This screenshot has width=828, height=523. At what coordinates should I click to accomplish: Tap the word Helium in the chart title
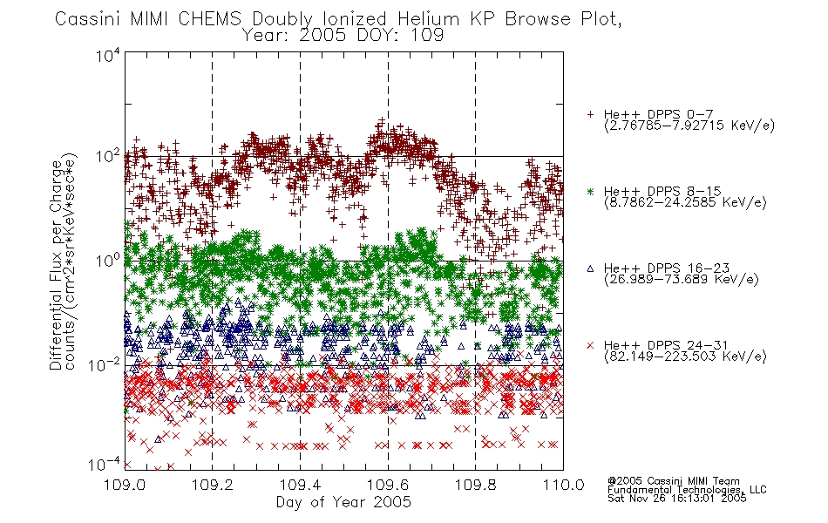tap(428, 19)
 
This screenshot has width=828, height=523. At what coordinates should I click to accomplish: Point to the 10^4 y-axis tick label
tap(109, 56)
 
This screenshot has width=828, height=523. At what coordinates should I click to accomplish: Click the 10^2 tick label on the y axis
tap(109, 157)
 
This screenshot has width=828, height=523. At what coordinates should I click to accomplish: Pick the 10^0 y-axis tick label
tap(109, 261)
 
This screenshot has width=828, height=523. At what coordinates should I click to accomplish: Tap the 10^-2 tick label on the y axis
tap(105, 365)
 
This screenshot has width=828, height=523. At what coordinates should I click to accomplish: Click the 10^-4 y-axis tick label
tap(105, 465)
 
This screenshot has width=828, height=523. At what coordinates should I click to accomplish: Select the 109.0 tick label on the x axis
tap(125, 485)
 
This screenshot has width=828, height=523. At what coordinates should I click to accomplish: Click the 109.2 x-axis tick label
tap(213, 485)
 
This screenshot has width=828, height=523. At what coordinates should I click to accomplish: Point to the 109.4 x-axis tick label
tap(300, 485)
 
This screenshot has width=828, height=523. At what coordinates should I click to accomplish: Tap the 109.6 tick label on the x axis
tap(388, 485)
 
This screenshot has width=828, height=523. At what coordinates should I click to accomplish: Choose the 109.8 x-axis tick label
tap(475, 485)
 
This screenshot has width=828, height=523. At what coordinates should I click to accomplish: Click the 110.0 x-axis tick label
tap(563, 485)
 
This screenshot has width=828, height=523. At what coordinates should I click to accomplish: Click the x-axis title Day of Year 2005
tap(343, 502)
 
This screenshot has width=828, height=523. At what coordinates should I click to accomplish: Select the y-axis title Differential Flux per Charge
tap(56, 265)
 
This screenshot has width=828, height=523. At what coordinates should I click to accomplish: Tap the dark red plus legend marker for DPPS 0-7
tap(590, 114)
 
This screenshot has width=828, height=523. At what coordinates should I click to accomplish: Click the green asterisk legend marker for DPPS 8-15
tap(590, 191)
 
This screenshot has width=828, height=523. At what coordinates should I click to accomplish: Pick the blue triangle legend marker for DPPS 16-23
tap(590, 268)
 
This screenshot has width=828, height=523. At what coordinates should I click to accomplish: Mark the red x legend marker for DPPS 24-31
tap(590, 345)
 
